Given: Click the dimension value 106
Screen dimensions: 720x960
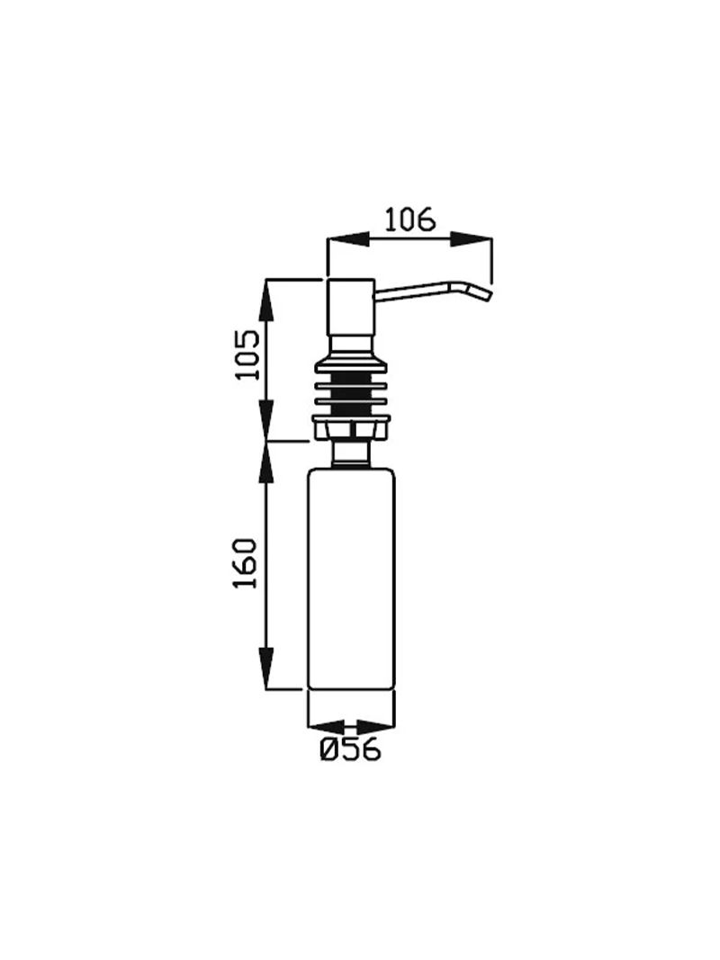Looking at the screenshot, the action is tap(409, 220).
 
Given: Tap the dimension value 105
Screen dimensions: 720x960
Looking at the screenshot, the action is tap(249, 355).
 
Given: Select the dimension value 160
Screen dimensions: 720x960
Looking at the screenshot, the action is tap(246, 563).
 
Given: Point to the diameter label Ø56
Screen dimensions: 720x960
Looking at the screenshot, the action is tap(350, 749).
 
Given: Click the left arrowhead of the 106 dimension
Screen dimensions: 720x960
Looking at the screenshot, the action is tap(349, 239).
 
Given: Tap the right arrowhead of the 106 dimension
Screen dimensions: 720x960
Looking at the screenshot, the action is tap(471, 239).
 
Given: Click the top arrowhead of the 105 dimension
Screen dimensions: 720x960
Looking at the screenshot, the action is tap(265, 301).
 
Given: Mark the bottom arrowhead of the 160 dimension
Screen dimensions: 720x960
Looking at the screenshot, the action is tap(265, 668).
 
